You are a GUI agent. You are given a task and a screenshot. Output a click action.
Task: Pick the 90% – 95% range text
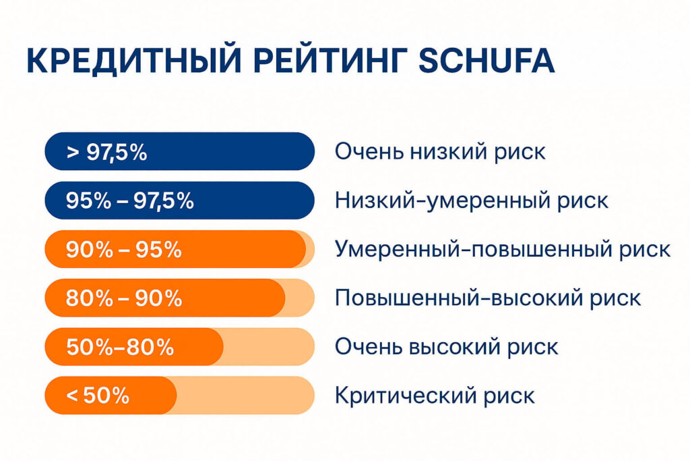pyautogui.click(x=124, y=250)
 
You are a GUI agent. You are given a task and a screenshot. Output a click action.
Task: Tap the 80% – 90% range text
pyautogui.click(x=124, y=298)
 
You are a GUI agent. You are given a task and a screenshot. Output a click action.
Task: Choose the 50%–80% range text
pyautogui.click(x=120, y=347)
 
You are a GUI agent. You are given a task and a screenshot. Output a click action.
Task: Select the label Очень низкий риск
pyautogui.click(x=440, y=152)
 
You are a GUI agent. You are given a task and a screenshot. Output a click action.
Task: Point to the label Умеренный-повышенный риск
pyautogui.click(x=503, y=250)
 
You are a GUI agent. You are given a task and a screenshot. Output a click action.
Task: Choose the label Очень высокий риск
pyautogui.click(x=446, y=347)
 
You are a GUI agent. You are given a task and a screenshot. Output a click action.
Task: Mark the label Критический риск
pyautogui.click(x=435, y=396)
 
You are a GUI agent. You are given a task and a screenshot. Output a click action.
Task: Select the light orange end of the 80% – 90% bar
pyautogui.click(x=300, y=298)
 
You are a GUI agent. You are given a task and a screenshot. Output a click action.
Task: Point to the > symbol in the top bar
pyautogui.click(x=71, y=153)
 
